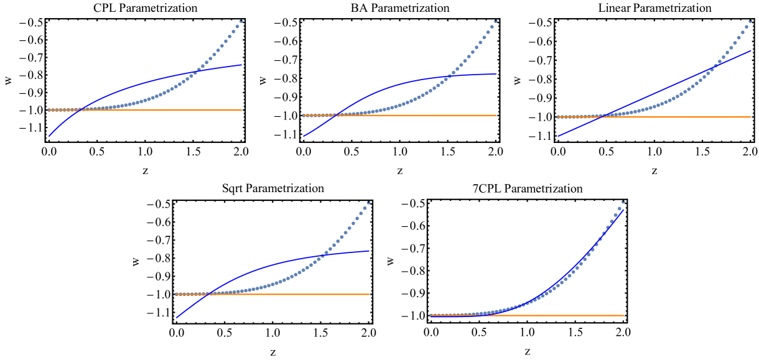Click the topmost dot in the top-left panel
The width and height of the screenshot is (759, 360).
point(241,21)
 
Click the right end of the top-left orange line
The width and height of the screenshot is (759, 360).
point(241,109)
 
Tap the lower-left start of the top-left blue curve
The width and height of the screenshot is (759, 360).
point(49,136)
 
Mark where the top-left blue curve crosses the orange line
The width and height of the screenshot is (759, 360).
point(81,109)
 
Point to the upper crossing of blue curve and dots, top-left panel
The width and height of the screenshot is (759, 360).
point(195,72)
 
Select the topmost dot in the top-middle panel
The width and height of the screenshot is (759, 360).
point(495,21)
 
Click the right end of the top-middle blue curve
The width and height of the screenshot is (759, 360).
point(496,74)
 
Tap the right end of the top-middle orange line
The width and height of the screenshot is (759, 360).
point(496,115)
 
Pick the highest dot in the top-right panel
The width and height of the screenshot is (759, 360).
point(750,21)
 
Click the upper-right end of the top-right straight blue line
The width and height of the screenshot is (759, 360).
point(751,51)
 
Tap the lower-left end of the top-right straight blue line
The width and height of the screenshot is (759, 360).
point(559,136)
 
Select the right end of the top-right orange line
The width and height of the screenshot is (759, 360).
point(751,117)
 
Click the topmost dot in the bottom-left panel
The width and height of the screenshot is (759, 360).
point(368,202)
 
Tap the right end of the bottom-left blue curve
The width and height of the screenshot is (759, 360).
point(369,251)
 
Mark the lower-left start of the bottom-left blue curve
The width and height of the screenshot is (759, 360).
point(177,318)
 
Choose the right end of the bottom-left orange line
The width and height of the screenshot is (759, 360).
point(369,294)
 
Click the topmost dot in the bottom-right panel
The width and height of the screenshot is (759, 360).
point(623,201)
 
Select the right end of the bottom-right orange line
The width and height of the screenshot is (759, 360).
point(623,315)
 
